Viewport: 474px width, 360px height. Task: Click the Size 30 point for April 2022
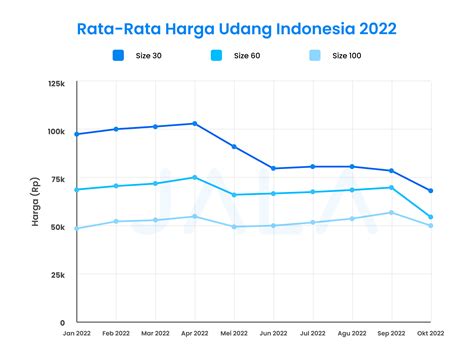coord(195,124)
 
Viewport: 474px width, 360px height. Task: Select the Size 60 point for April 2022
coord(195,177)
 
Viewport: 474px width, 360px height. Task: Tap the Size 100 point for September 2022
coord(391,212)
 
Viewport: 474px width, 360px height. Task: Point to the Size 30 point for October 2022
coord(431,191)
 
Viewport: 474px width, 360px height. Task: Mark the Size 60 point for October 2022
coord(431,217)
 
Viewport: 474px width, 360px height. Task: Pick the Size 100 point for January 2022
coord(77,229)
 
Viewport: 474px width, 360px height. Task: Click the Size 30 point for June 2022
coord(273,168)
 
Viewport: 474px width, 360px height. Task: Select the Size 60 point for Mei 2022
coord(234,195)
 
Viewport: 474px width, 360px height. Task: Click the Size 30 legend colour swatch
coord(118,55)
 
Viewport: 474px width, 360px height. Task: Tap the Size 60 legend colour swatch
coord(216,55)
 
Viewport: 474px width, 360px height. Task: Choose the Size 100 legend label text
coord(347,56)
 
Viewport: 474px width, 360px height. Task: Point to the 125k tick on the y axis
coord(56,84)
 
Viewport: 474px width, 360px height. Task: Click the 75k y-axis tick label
coord(58,179)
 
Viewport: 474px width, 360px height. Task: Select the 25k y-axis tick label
coord(58,275)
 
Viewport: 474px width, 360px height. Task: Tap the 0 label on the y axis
coord(62,323)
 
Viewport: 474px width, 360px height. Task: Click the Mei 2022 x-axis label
coord(234,333)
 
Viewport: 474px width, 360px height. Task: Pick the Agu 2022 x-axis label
coord(352,333)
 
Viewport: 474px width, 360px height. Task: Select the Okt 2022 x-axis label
coord(431,333)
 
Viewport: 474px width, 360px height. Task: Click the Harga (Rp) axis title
coord(36,202)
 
